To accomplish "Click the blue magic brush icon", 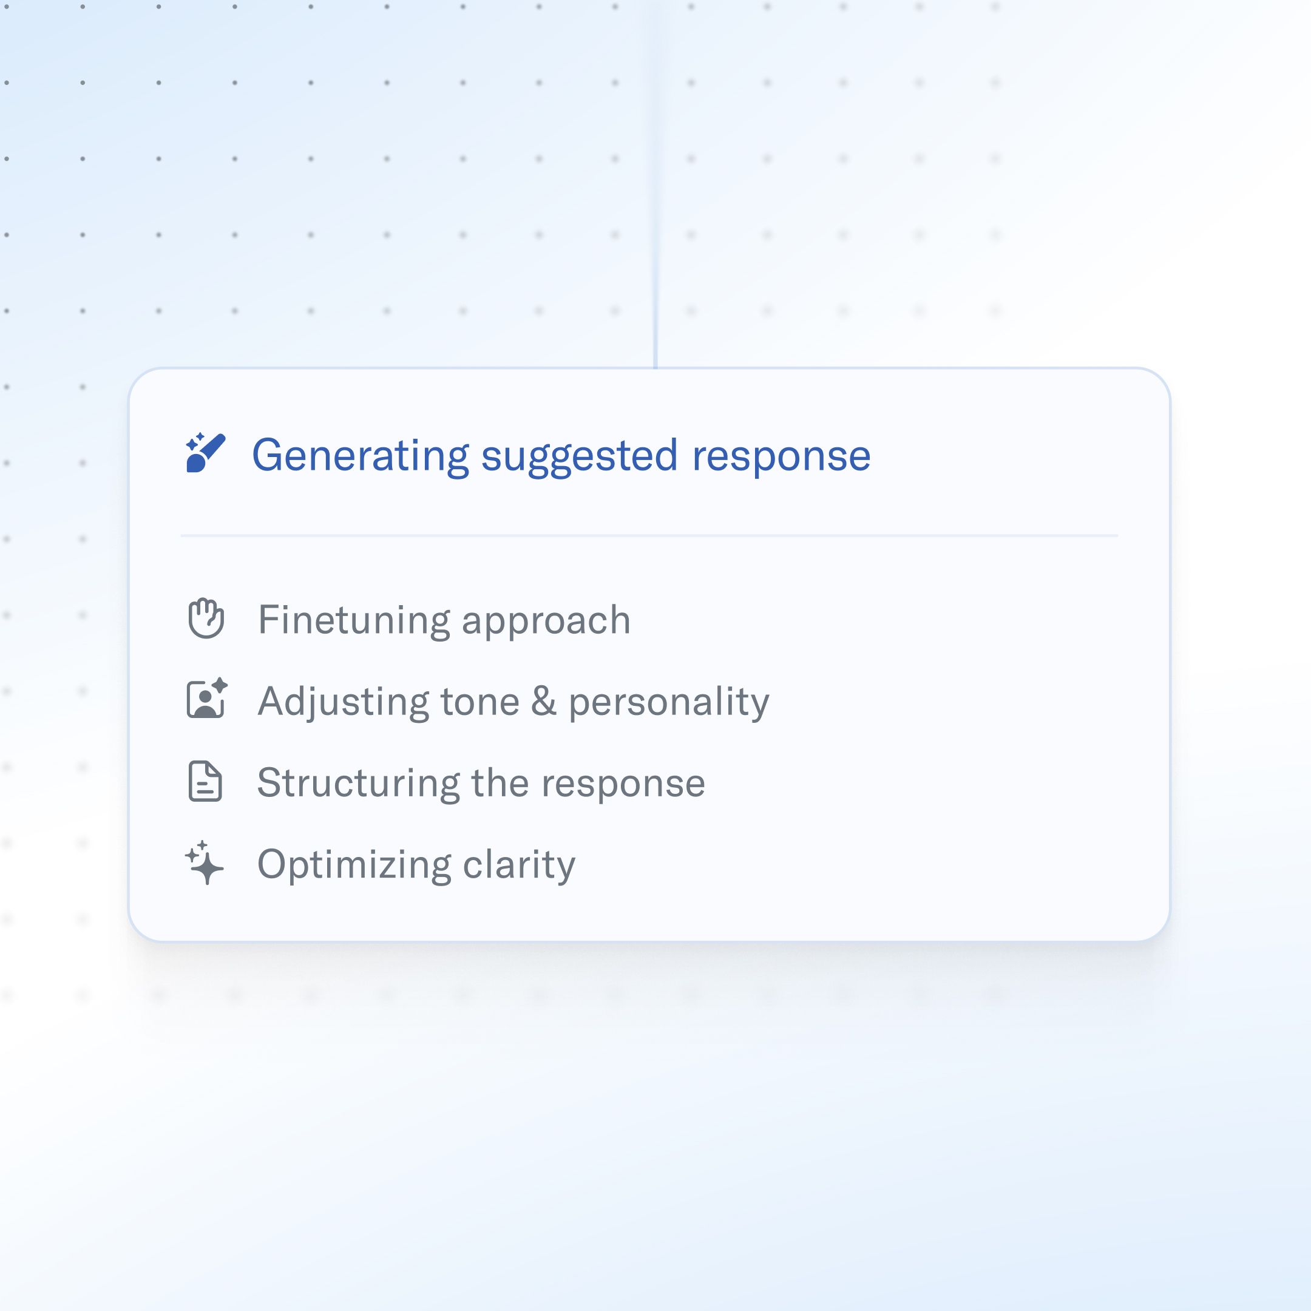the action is [205, 453].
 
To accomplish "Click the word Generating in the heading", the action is [361, 456].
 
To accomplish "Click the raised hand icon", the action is [206, 618].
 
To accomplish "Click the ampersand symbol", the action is [544, 701].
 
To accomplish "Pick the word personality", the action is [669, 703].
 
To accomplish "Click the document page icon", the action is [205, 782].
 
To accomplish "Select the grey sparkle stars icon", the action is [205, 863].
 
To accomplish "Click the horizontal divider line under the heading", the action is [649, 535].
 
